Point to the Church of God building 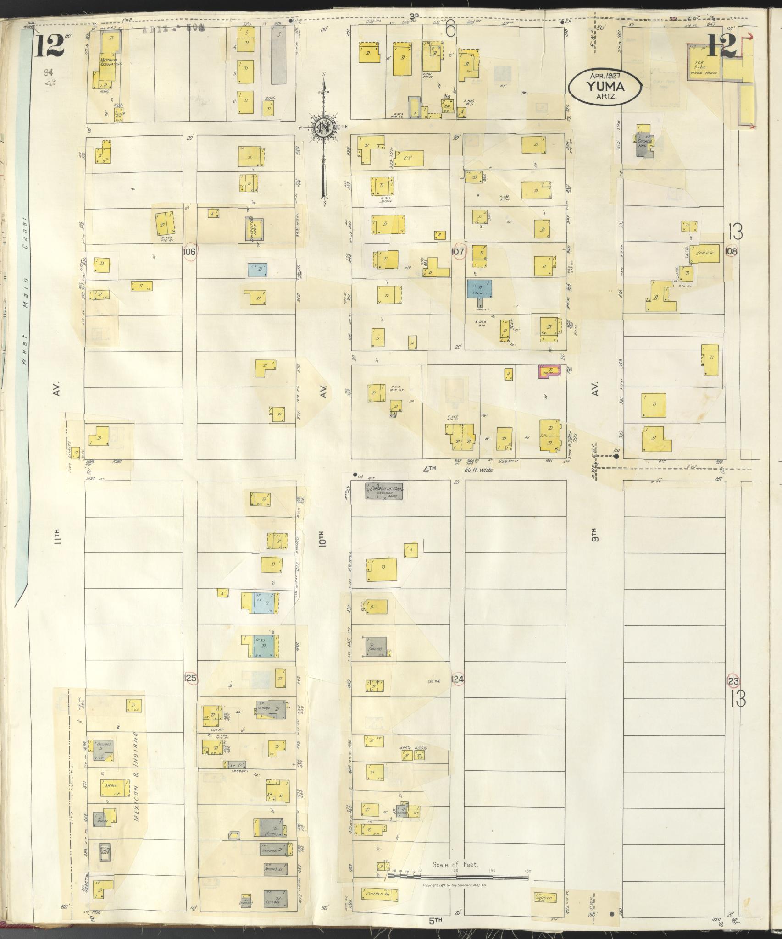pyautogui.click(x=385, y=492)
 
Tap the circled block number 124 pyautogui.click(x=458, y=679)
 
